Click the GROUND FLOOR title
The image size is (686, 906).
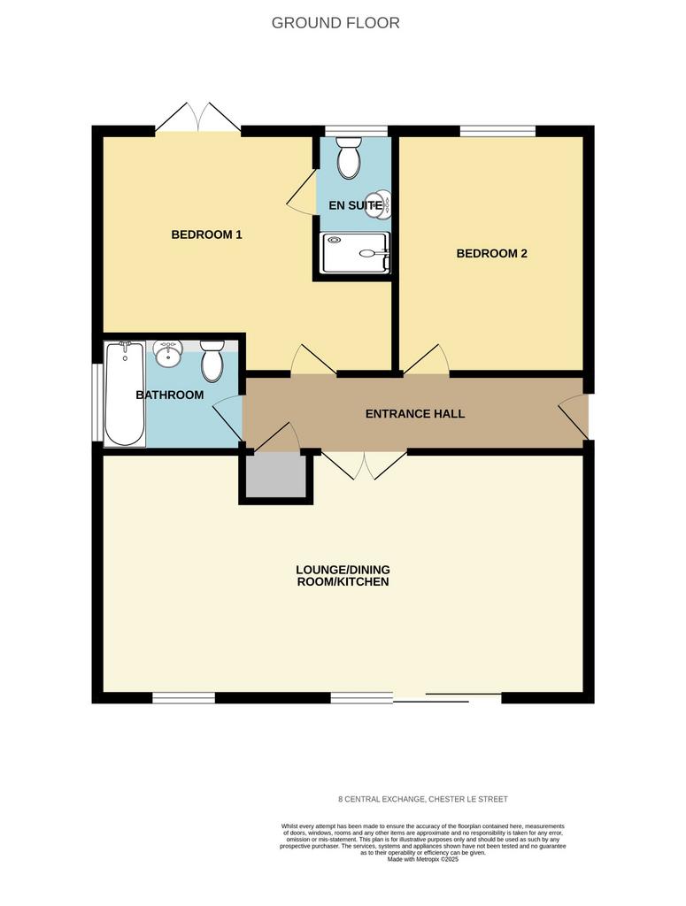335,23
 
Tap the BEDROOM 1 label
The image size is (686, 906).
206,234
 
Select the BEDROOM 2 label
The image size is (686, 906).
492,253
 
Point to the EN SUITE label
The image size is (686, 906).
355,205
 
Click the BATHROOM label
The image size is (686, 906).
169,395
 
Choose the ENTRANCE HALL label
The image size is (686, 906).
415,414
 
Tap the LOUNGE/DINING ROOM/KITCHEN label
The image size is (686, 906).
343,575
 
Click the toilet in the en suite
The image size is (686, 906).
349,157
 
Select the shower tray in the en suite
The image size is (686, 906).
356,252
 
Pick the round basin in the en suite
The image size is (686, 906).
378,204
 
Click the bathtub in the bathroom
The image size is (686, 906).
125,394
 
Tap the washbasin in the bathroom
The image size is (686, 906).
168,353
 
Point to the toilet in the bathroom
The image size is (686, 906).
212,361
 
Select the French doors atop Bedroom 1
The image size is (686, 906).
198,118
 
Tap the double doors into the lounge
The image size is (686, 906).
364,465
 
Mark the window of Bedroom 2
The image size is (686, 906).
497,131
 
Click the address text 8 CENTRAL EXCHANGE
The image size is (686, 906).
382,799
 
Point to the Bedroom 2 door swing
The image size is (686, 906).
426,359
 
